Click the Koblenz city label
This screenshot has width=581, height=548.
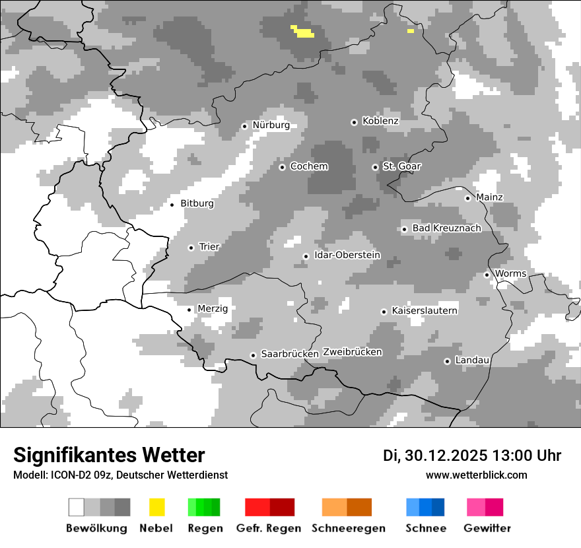380,121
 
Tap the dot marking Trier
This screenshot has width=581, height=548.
191,248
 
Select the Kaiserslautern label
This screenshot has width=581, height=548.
424,310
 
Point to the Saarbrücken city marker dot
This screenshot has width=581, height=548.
253,355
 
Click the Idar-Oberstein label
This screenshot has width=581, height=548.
347,255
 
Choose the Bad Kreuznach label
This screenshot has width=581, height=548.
446,228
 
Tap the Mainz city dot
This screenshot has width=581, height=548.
467,198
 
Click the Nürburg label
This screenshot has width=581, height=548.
271,125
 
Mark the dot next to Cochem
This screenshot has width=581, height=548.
282,167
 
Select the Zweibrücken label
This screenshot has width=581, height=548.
353,352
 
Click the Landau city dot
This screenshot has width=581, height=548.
447,361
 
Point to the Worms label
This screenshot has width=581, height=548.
510,273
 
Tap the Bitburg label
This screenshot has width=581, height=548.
197,203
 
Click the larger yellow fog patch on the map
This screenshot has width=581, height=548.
303,31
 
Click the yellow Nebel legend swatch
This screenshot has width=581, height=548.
157,507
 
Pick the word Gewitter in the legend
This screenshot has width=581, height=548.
487,528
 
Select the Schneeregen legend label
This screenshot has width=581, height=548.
348,528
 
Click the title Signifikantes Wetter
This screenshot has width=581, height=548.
109,455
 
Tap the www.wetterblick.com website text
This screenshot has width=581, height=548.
476,475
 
